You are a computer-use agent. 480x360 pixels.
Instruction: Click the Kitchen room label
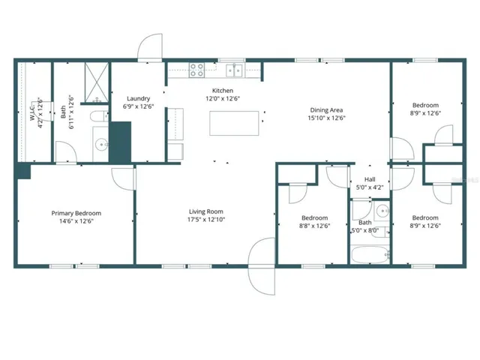click(223, 91)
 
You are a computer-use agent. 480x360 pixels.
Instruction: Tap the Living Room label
click(206, 211)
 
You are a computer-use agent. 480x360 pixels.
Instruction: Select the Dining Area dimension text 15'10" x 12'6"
click(327, 118)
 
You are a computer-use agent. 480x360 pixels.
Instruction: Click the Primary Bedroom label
click(76, 213)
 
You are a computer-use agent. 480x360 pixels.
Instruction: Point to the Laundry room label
click(138, 98)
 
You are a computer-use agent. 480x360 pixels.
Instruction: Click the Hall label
click(370, 179)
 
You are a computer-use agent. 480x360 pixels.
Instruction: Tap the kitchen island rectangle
click(234, 123)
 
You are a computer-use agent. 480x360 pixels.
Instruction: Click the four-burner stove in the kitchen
click(196, 70)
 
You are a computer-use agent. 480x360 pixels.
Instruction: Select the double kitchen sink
click(234, 70)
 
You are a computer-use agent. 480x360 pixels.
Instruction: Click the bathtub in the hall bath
click(370, 255)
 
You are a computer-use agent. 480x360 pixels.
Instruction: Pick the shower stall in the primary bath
click(97, 82)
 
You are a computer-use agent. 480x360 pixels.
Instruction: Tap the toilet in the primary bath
click(99, 116)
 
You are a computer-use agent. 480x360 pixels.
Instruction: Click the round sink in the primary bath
click(101, 144)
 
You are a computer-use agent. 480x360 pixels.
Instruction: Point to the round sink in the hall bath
click(382, 211)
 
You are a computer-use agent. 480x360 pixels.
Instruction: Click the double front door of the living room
click(262, 266)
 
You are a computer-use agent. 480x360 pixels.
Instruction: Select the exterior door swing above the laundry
click(150, 48)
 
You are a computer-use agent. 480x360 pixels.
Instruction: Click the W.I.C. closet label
click(33, 112)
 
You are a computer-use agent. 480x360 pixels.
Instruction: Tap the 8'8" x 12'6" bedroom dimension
click(315, 226)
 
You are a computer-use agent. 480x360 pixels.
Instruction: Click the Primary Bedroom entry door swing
click(123, 179)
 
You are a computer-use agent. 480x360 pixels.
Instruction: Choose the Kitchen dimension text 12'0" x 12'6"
click(223, 98)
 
